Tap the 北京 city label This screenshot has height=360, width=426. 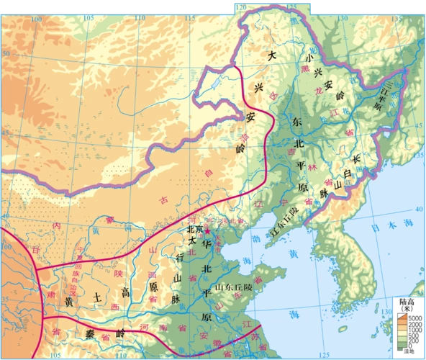click(x=196, y=229)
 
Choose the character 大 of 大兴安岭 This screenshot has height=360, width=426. click(x=271, y=55)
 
